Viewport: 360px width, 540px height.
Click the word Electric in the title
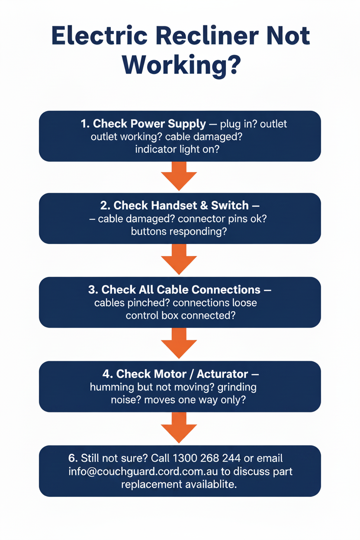[100, 35]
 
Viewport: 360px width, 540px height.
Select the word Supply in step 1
[187, 124]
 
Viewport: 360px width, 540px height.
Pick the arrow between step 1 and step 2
[179, 176]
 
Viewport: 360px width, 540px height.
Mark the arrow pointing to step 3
[179, 259]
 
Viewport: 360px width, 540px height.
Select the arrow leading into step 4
[179, 343]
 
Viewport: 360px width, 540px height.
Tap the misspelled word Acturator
[222, 374]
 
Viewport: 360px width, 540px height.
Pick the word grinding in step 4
[237, 387]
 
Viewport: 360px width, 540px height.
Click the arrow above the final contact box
[179, 427]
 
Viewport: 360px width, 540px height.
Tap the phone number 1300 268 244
[207, 458]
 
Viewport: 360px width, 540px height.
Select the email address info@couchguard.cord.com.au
[143, 472]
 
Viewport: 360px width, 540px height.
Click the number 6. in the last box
[73, 458]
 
